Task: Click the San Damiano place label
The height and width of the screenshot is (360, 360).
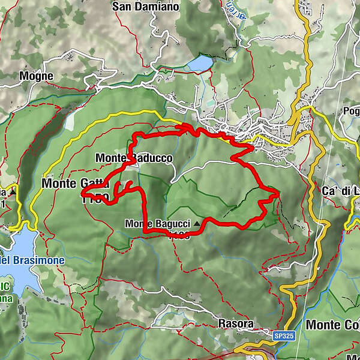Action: (x=146, y=7)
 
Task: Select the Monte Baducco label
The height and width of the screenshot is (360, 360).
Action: (x=134, y=158)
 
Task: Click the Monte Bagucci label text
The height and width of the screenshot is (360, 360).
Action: (x=157, y=224)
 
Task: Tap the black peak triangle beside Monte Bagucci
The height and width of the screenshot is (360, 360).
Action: (x=198, y=224)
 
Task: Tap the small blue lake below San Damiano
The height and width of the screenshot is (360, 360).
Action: (x=199, y=63)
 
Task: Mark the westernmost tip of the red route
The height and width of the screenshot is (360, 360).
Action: (x=82, y=193)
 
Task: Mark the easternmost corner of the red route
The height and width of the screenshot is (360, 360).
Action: (x=278, y=193)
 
